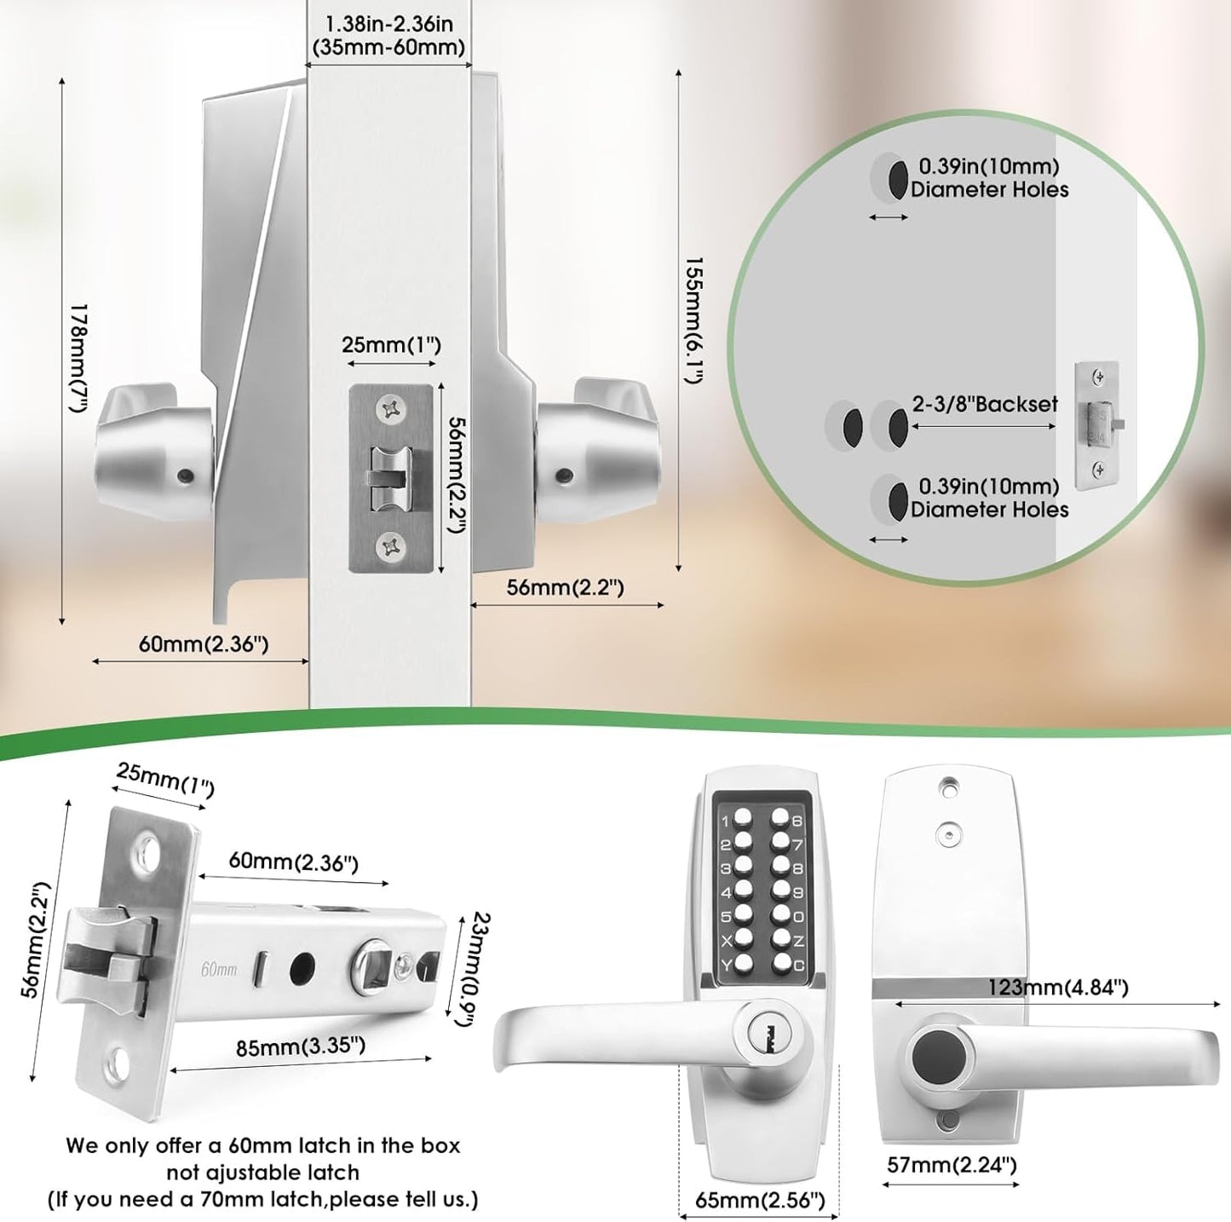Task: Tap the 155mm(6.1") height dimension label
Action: [694, 320]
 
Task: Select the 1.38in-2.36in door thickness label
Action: [388, 37]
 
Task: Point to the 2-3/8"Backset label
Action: [985, 404]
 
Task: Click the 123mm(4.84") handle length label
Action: [1057, 987]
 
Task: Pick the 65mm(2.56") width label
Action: [760, 1200]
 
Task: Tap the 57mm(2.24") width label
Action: [952, 1164]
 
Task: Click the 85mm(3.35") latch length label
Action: [301, 1046]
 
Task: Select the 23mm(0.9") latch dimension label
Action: [468, 969]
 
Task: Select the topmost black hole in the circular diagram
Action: [897, 179]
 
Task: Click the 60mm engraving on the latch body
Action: [219, 969]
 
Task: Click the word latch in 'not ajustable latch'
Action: [332, 1173]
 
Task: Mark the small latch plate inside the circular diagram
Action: [1097, 425]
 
